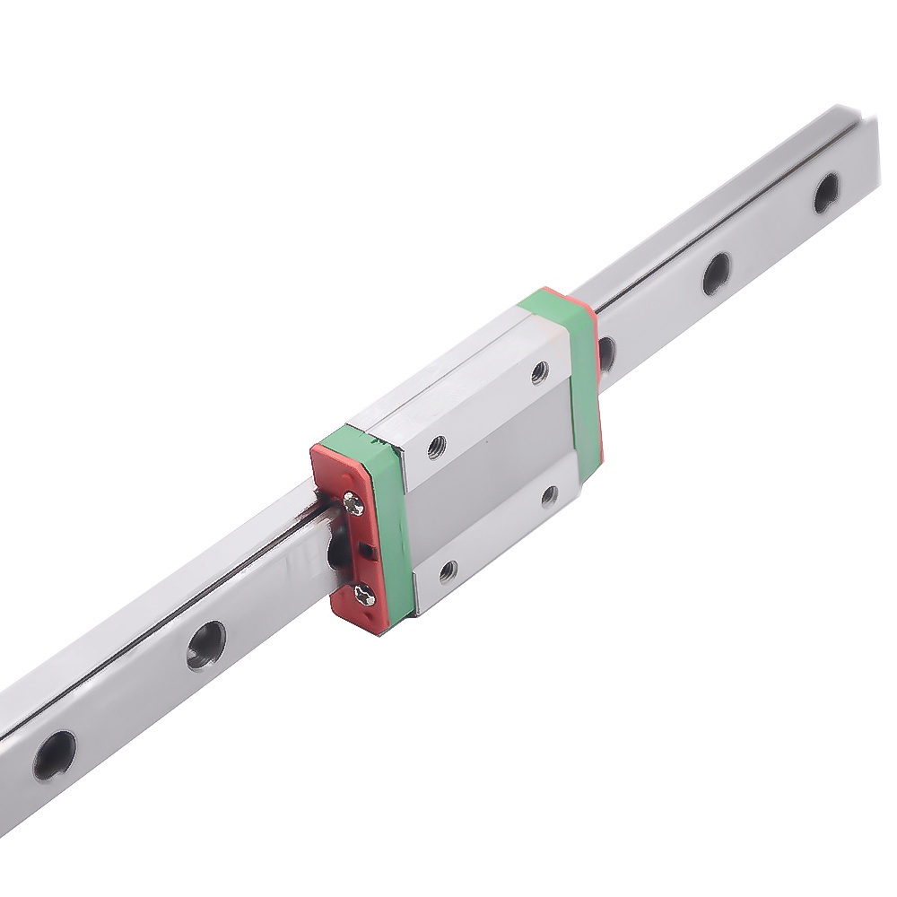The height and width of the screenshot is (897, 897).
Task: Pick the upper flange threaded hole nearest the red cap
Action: pos(436,446)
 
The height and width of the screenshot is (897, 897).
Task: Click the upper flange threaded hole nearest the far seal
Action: pos(539,370)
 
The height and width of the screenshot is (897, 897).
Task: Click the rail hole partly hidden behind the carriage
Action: pos(606,352)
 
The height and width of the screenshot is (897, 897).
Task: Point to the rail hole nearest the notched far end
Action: pos(825,191)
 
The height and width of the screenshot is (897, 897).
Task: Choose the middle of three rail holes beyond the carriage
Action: pos(716,272)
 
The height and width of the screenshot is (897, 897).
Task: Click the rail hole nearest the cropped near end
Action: pos(54,755)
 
